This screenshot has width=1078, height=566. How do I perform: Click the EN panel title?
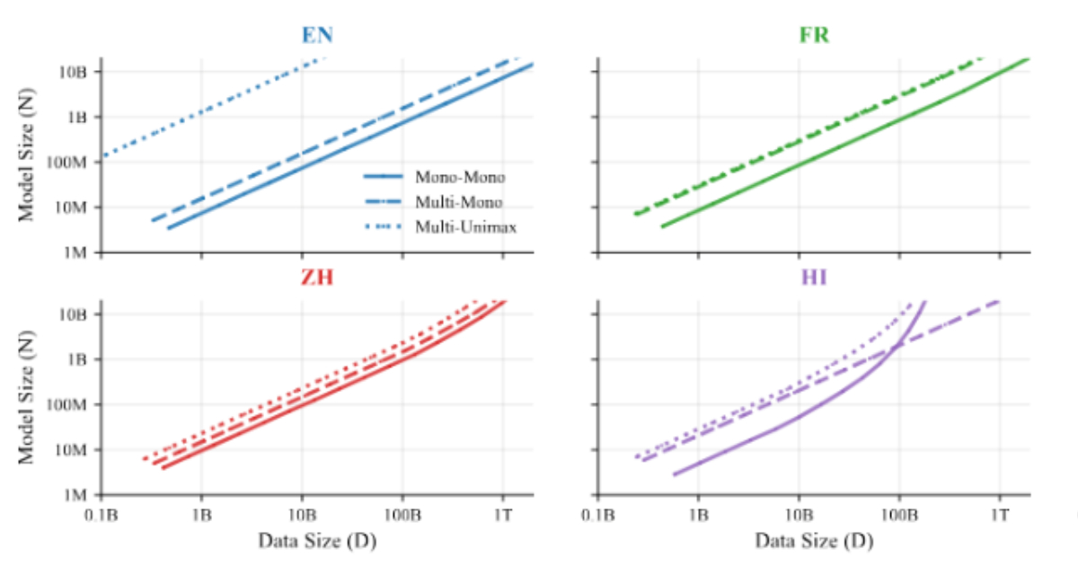click(317, 37)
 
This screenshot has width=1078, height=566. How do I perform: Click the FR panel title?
click(814, 37)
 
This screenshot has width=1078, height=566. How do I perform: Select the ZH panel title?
click(317, 278)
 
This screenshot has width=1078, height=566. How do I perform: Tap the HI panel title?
click(814, 278)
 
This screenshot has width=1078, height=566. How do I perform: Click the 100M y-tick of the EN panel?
click(72, 163)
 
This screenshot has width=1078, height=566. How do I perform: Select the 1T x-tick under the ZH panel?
click(502, 517)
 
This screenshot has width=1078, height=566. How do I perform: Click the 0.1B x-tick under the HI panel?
click(598, 517)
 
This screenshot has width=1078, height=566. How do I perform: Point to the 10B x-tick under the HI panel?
click(799, 517)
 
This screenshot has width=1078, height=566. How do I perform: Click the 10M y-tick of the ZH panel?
click(76, 450)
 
